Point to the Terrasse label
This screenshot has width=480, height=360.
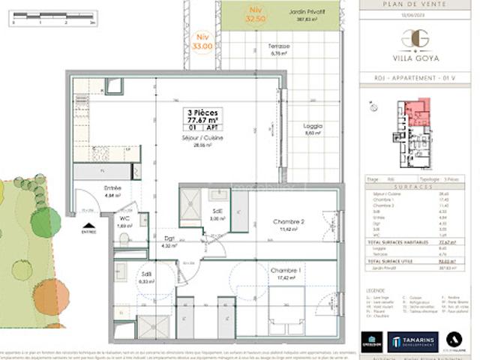pyautogui.click(x=280, y=46)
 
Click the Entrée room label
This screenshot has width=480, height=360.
pyautogui.click(x=112, y=188)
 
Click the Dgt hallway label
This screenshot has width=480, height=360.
pyautogui.click(x=170, y=239)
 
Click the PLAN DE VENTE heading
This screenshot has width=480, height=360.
pyautogui.click(x=419, y=5)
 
